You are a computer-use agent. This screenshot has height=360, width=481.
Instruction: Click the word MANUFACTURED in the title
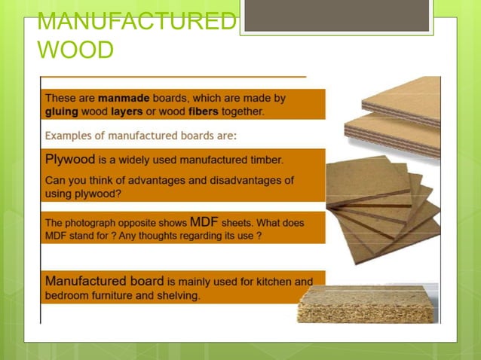136,23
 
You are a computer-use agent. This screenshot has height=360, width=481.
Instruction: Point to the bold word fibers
192,111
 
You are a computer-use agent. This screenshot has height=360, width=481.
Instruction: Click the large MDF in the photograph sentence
205,222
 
